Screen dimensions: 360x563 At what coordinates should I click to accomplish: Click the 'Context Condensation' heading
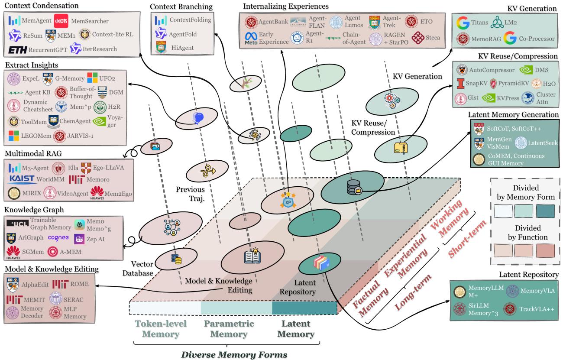[x=42, y=6]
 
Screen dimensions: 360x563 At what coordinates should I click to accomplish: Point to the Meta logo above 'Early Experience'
[x=252, y=36]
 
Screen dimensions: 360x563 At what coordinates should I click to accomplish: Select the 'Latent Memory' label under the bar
[x=297, y=329]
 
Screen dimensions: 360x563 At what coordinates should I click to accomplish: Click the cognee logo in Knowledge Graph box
[x=58, y=238]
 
